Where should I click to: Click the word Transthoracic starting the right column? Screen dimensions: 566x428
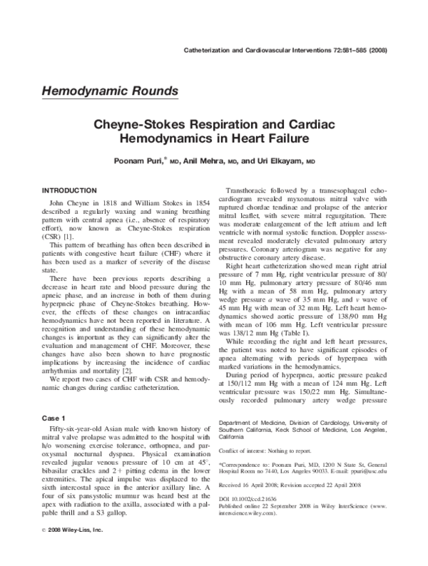[x=250, y=191]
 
